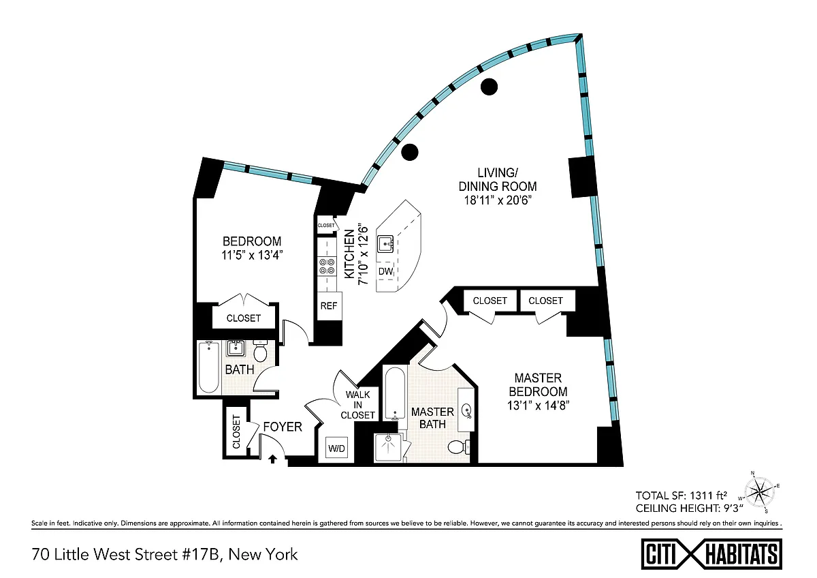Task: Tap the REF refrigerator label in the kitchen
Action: [329, 306]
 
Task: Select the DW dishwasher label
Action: [385, 271]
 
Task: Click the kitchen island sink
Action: [387, 243]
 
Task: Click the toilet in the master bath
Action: [458, 448]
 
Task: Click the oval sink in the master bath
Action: [468, 410]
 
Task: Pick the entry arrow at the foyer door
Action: [273, 459]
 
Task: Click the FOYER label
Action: [283, 427]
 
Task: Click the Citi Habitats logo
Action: [712, 553]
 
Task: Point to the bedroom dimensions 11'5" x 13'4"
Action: [252, 256]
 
